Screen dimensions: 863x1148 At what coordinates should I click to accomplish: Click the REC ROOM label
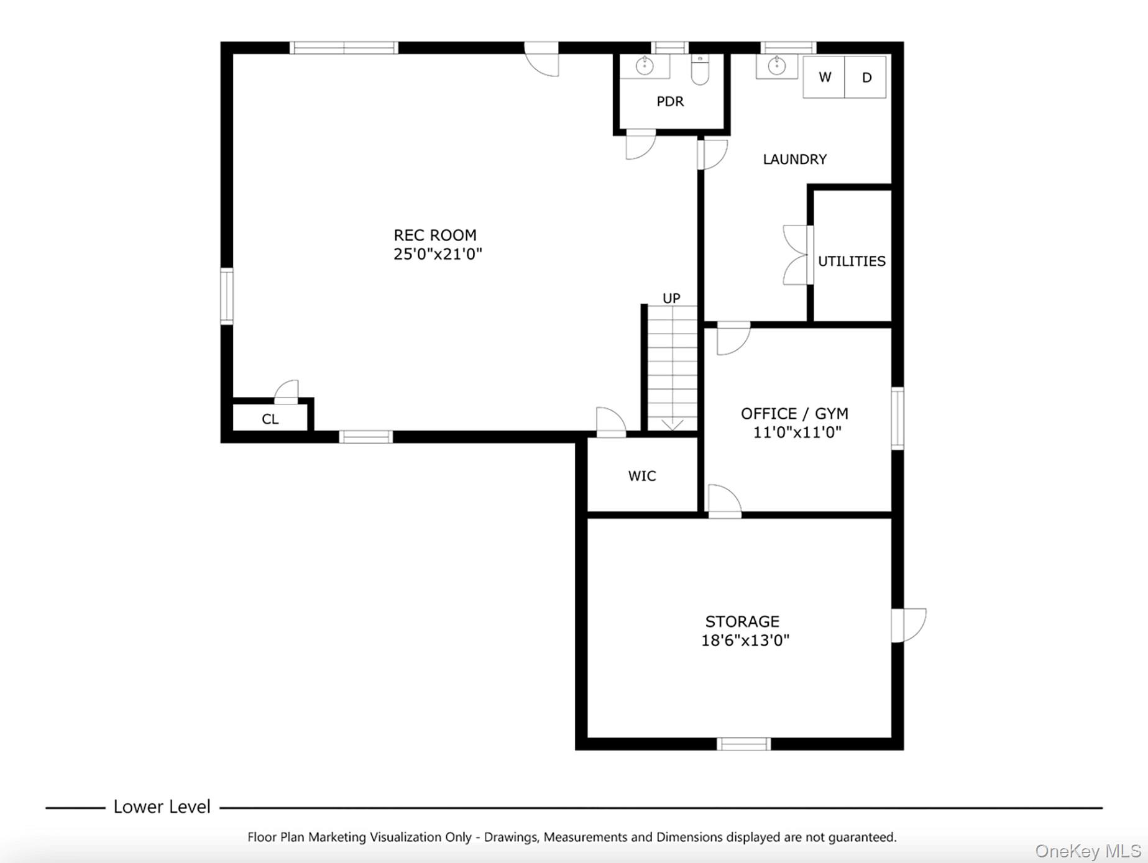[434, 235]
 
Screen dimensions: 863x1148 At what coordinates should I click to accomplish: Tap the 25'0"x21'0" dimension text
[438, 254]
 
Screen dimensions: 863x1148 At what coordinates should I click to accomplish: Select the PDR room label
[670, 101]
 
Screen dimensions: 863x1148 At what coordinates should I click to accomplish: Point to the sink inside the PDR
[645, 65]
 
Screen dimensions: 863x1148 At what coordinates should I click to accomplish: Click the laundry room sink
[776, 66]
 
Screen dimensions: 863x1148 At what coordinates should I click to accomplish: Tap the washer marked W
[824, 77]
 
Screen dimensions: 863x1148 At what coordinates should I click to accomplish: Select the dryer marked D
[866, 78]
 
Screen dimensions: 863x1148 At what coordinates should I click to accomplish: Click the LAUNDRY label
[794, 160]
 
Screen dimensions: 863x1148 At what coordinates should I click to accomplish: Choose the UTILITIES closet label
[852, 261]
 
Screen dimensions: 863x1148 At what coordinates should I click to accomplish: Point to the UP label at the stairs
[671, 298]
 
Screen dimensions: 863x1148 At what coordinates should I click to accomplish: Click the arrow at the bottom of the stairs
[673, 426]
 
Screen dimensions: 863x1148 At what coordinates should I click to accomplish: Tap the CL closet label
[270, 419]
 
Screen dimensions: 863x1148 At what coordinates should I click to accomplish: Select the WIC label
[641, 476]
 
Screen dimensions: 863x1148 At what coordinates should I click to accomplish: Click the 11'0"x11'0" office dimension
[797, 432]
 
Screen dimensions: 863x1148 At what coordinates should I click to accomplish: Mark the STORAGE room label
[742, 621]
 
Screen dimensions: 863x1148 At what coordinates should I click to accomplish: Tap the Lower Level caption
[162, 806]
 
